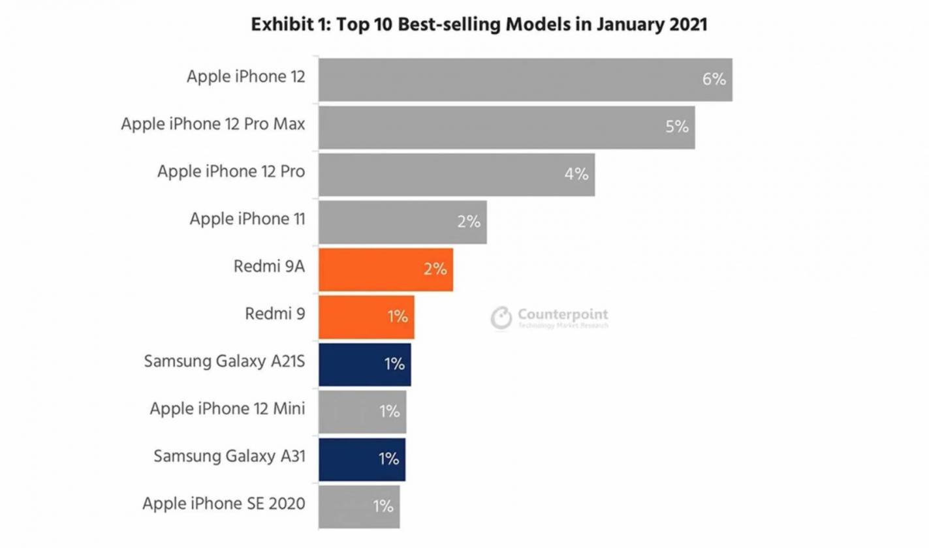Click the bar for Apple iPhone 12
[x=525, y=80]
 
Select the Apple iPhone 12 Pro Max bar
[x=506, y=127]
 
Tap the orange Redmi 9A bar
[x=385, y=269]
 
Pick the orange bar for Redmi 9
[x=366, y=317]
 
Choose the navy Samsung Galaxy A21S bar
[x=364, y=364]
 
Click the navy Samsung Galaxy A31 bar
[x=362, y=459]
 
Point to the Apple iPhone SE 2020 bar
[x=358, y=506]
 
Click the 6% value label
[x=714, y=80]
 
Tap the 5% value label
[x=677, y=127]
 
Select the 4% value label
[x=576, y=174]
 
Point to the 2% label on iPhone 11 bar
[x=468, y=222]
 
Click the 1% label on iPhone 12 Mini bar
[x=388, y=411]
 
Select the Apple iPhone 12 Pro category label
[x=231, y=171]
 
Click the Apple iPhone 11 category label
[x=247, y=219]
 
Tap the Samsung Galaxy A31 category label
[x=229, y=455]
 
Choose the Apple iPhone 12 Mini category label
[x=227, y=408]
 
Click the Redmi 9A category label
[x=268, y=266]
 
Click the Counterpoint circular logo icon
[x=501, y=318]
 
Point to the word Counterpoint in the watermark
[x=563, y=314]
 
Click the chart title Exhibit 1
[x=479, y=25]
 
